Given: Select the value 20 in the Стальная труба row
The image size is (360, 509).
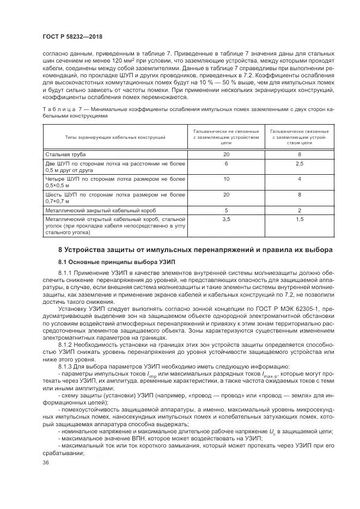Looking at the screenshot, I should (226, 155).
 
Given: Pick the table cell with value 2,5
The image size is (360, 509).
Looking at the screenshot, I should (299, 163).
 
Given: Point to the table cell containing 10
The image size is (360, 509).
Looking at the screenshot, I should (226, 179).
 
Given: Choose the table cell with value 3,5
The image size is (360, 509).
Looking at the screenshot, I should (226, 219).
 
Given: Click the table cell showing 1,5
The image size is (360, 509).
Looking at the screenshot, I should (299, 219).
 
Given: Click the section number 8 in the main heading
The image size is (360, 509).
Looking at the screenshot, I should (60, 250).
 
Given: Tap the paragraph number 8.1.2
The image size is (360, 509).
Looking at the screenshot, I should (66, 345).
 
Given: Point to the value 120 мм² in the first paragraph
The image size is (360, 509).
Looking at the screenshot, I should (113, 60).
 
